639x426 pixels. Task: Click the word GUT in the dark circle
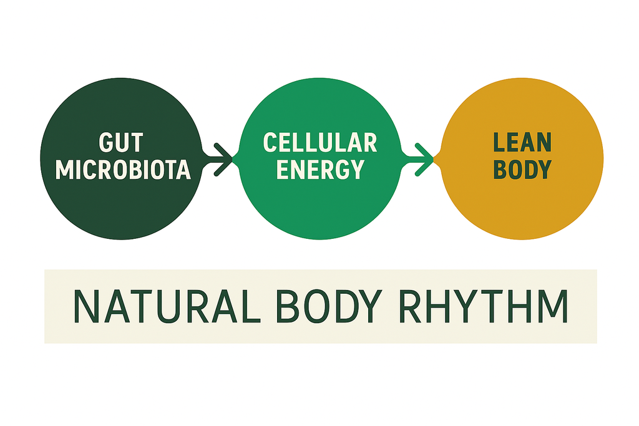122,143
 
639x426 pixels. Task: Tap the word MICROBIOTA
123,170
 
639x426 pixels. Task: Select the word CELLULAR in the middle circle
320,143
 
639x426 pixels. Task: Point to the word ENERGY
320,169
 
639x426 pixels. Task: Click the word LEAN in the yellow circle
522,143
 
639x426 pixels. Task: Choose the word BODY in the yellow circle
522,170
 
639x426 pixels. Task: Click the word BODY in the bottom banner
318,306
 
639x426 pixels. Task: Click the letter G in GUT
107,143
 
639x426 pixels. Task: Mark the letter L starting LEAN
499,143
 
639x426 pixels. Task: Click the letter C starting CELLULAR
270,143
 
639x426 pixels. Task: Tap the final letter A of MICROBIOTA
183,170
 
